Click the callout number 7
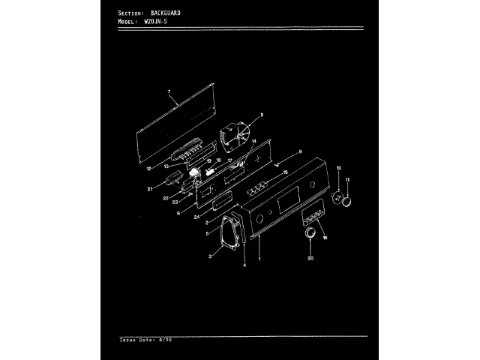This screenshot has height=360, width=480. tap(169, 92)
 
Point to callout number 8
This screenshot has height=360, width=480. tap(262, 115)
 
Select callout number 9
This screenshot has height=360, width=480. tap(301, 152)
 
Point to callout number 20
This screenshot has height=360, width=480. tap(310, 259)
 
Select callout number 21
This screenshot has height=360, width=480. tap(150, 189)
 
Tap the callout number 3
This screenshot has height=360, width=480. tap(211, 256)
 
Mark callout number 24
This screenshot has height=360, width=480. tap(196, 217)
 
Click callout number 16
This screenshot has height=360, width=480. tap(325, 237)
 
